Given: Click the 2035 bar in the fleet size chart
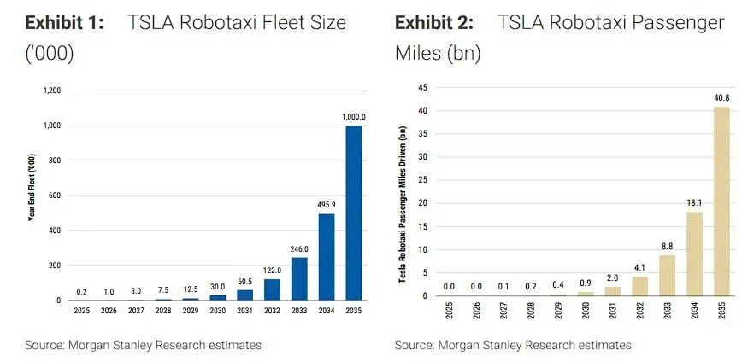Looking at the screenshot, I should tap(353, 213).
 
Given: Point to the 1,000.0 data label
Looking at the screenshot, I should tap(353, 117).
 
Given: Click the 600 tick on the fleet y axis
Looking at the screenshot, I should tap(54, 196).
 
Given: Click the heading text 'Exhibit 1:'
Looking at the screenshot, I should tap(66, 22).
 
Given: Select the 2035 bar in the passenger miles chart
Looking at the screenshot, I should tap(722, 201).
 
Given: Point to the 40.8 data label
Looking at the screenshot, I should tap(722, 98).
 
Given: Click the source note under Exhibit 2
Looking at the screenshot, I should tap(513, 345).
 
